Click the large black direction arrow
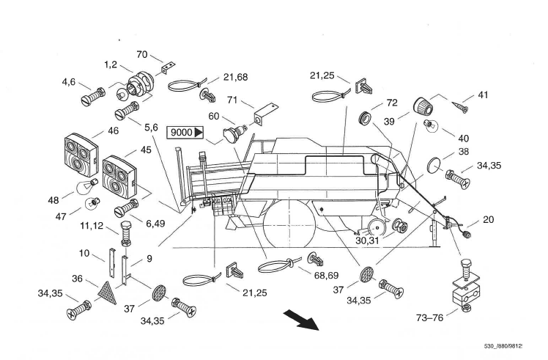coord(301,319)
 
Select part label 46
coord(114,131)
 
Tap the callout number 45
coord(146,150)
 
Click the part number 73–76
coord(429,317)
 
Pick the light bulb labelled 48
coord(86,187)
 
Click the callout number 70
coord(142,54)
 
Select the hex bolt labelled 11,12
coord(126,233)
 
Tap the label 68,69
coord(326,276)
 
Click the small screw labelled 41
coord(459,107)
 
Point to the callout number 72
coord(392,103)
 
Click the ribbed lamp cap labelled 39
coord(423,106)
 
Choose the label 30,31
coord(367,240)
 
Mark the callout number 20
coord(488,220)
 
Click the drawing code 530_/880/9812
coord(503,346)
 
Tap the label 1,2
coord(111,65)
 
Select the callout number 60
coord(213,116)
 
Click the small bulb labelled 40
coord(430,125)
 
